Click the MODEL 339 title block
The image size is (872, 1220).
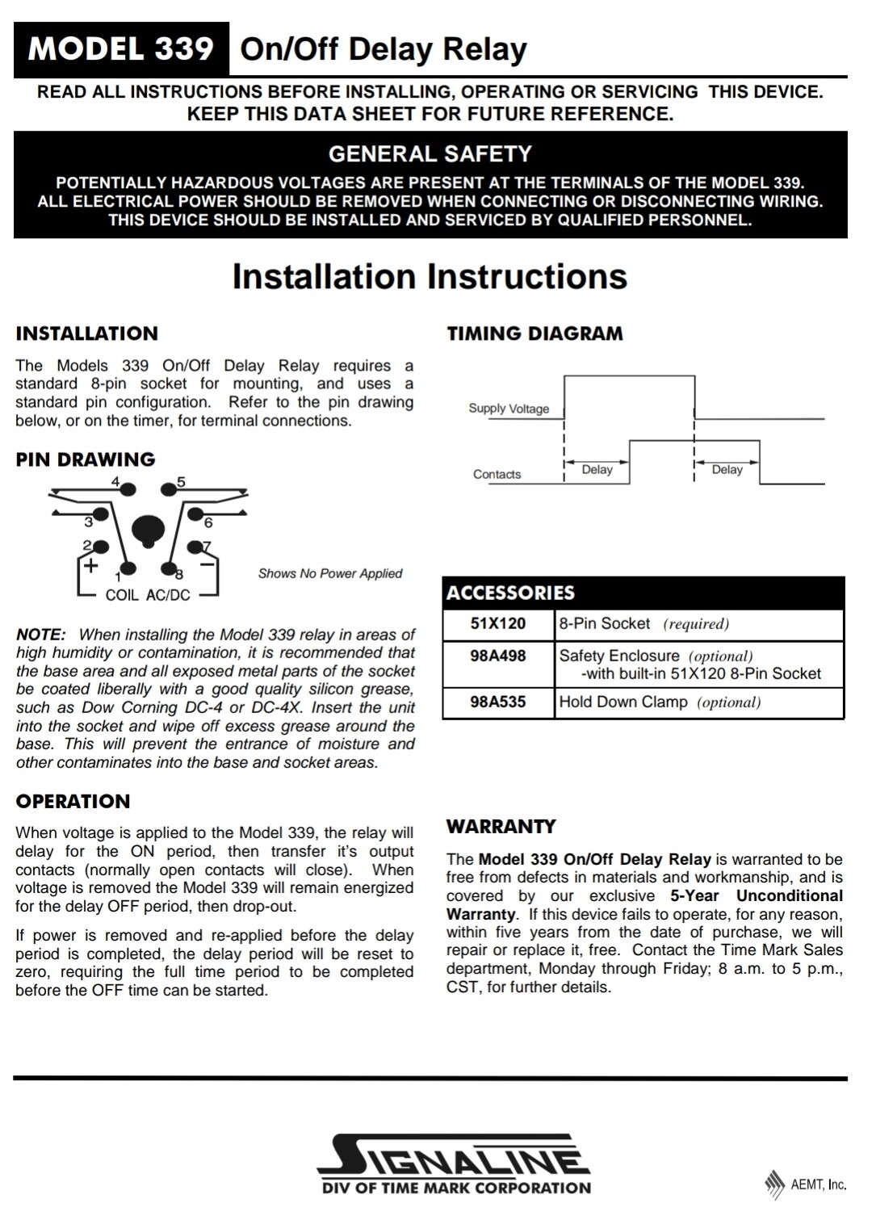[121, 49]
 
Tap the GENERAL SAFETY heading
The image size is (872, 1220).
[430, 153]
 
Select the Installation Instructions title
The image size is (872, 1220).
[430, 276]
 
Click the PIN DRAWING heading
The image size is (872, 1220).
[85, 459]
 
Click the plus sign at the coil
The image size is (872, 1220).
[91, 565]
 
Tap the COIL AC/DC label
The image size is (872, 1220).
[148, 595]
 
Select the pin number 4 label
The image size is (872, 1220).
[115, 482]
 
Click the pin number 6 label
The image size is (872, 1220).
[208, 523]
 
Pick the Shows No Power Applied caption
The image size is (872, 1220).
[329, 573]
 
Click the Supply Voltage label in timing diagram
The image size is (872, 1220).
[509, 409]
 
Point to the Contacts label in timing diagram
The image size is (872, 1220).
[497, 475]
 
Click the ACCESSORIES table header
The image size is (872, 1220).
[510, 593]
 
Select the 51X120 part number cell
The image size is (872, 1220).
[498, 624]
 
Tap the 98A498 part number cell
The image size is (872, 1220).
[498, 656]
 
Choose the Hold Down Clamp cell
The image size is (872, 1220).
[660, 702]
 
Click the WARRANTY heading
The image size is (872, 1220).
[501, 827]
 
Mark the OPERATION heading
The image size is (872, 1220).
[73, 802]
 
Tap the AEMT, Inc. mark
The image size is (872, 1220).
[807, 1184]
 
